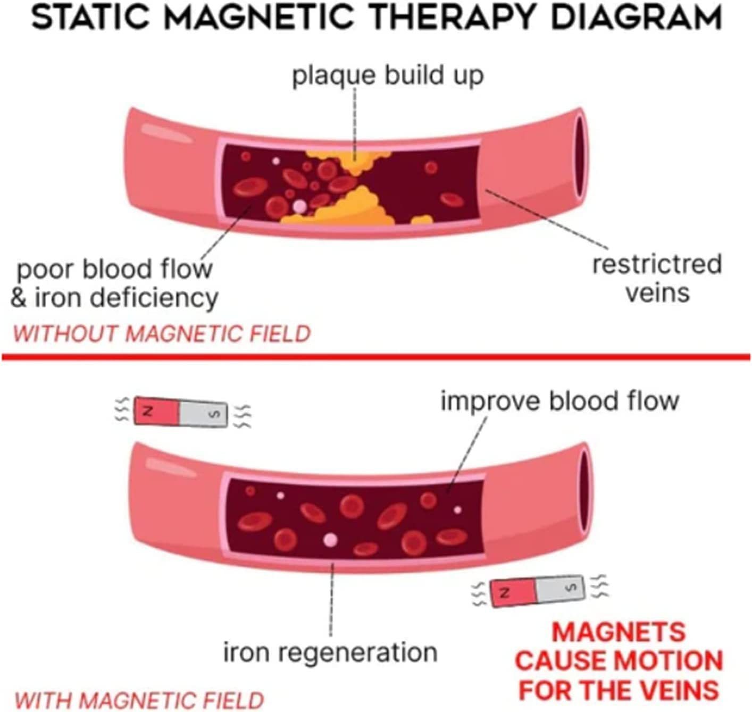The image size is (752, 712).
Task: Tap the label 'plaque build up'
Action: click(388, 75)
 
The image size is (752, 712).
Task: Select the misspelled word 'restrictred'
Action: click(657, 264)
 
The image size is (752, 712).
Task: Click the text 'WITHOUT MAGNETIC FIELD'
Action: click(162, 334)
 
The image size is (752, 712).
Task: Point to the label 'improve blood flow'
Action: click(560, 401)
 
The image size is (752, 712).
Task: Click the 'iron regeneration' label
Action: click(330, 652)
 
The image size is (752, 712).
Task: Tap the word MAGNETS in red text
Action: click(619, 633)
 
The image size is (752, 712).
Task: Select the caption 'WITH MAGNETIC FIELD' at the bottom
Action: click(139, 700)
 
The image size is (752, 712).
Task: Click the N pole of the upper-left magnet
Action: click(155, 411)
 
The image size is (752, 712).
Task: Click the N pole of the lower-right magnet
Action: click(512, 592)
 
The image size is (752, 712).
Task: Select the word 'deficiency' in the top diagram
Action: click(154, 298)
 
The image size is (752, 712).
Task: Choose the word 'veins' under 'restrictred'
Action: click(657, 292)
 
